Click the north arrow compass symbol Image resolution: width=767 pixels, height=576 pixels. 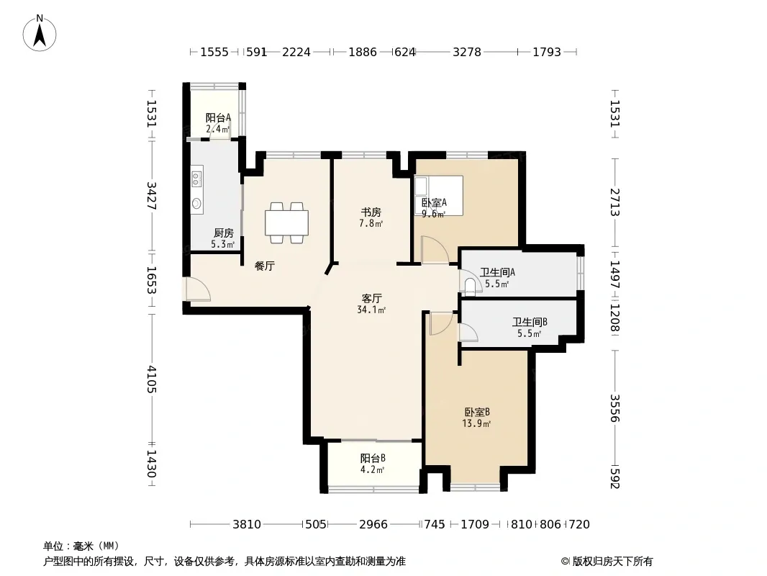pyautogui.click(x=40, y=33)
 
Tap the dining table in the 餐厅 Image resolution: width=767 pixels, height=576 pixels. pyautogui.click(x=286, y=222)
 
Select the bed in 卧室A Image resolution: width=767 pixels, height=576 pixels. pyautogui.click(x=439, y=195)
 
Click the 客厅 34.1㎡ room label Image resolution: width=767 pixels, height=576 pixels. pyautogui.click(x=372, y=303)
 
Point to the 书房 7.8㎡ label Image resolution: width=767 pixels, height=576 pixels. pyautogui.click(x=371, y=217)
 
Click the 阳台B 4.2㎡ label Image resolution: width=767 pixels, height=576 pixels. pyautogui.click(x=373, y=464)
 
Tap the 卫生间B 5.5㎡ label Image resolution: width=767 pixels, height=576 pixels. pyautogui.click(x=530, y=328)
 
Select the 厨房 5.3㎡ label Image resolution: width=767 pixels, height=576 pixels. pyautogui.click(x=223, y=238)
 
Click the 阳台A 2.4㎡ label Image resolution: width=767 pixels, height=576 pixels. pyautogui.click(x=218, y=123)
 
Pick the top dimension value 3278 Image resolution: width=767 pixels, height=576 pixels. pyautogui.click(x=467, y=52)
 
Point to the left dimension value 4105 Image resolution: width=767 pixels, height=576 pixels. pyautogui.click(x=151, y=379)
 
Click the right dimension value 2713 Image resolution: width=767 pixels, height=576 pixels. pyautogui.click(x=615, y=202)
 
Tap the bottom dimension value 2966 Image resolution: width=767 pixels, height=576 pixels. pyautogui.click(x=373, y=525)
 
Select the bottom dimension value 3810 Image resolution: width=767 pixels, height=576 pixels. pyautogui.click(x=247, y=525)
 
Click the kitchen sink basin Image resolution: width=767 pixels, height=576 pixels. pyautogui.click(x=196, y=203)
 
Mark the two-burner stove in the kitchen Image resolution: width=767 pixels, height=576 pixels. pyautogui.click(x=196, y=177)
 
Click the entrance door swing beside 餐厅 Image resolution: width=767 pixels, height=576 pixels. pyautogui.click(x=198, y=289)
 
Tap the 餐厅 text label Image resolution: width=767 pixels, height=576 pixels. pyautogui.click(x=265, y=266)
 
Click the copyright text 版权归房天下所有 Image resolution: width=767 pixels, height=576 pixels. pyautogui.click(x=612, y=562)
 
